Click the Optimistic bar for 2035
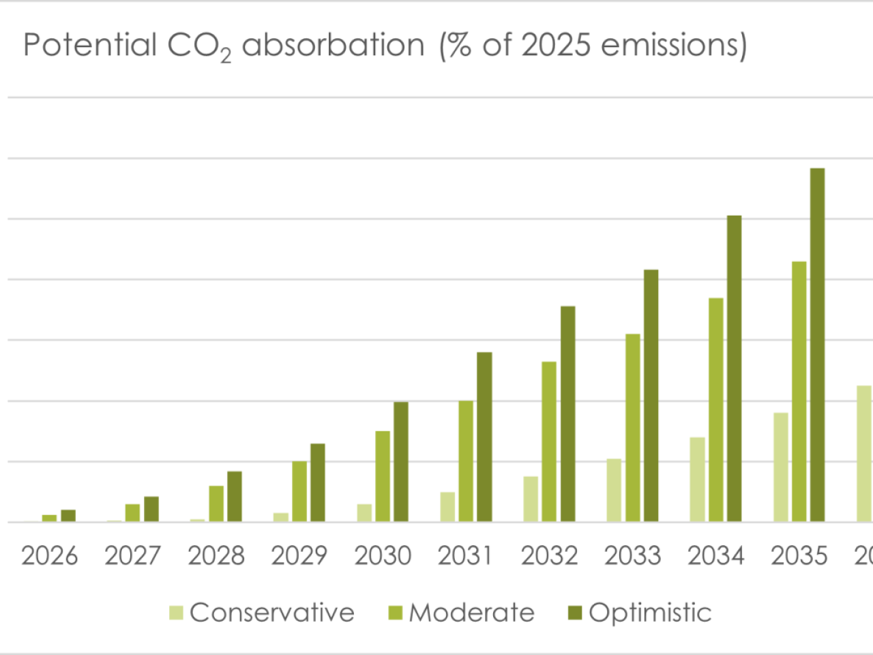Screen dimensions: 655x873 point(817,345)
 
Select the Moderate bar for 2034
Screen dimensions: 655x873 point(715,409)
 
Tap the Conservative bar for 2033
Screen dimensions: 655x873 point(614,490)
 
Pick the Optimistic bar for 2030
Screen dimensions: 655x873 point(401,462)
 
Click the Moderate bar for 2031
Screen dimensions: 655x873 point(466,461)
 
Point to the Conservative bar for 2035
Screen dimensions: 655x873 point(780,467)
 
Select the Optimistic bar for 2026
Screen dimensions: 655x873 point(68,516)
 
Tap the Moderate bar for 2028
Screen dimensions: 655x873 point(216,504)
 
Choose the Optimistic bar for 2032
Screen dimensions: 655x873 point(567,414)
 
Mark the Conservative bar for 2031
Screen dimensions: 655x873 point(447,507)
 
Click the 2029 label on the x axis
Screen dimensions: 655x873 point(299,556)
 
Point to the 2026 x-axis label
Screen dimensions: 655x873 point(49,556)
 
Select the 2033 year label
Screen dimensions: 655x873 point(632,556)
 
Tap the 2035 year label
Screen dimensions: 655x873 point(799,556)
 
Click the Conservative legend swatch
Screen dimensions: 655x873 point(176,613)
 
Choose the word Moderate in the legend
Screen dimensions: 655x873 point(471,613)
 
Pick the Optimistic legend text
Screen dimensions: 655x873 point(650,613)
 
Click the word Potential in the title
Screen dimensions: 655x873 point(89,46)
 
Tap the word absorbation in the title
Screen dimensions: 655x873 point(333,46)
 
